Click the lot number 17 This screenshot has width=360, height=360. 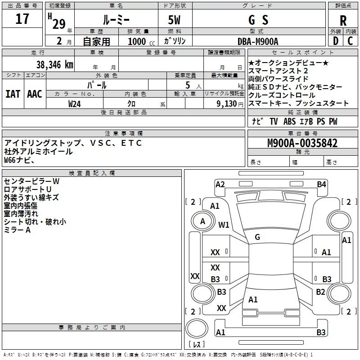pos(22,19)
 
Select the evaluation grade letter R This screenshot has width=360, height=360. pos(343,20)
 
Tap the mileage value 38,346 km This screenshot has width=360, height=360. pos(54,65)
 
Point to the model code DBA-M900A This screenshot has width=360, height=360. pos(258,41)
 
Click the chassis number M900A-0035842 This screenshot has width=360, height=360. pos(302,143)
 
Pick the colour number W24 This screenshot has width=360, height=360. pos(74,104)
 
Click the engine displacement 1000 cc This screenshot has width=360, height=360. pos(141,41)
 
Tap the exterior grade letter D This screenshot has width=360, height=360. pos(336,41)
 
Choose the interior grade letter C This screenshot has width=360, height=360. pos(350,41)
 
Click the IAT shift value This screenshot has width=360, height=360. pos(13,94)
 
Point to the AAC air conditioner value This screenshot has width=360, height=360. pos(35,94)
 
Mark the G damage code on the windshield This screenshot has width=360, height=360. pos(257,237)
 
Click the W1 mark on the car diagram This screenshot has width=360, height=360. pos(224,225)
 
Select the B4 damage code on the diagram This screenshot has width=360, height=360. pos(321,184)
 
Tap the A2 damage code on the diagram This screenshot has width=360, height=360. pos(220,184)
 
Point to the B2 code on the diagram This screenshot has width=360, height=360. pos(320,292)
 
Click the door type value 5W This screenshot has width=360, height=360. pos(174,20)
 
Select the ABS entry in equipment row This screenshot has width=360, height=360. pos(289,121)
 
